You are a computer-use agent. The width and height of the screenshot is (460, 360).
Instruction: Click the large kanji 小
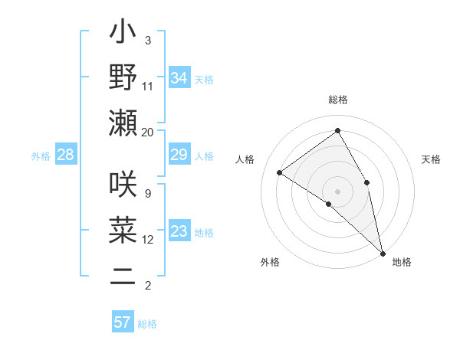(123, 34)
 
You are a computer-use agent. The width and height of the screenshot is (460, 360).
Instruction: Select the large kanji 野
(123, 78)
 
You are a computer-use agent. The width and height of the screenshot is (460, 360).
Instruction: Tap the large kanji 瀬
(123, 123)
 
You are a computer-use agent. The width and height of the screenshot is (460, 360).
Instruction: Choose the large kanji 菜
(123, 231)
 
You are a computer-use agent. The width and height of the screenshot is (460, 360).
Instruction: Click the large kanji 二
(123, 277)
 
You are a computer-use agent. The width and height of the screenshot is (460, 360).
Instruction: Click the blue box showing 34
(179, 78)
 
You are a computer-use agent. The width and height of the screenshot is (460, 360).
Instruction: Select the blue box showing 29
(179, 155)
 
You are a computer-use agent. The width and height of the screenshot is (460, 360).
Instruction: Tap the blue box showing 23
(179, 232)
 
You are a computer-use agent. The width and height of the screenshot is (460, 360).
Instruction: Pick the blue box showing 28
(66, 155)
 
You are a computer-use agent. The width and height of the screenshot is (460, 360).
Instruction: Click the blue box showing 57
(123, 322)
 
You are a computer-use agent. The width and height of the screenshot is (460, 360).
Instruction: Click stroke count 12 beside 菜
(148, 240)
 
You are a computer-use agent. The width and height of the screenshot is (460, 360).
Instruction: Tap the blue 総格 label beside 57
(147, 324)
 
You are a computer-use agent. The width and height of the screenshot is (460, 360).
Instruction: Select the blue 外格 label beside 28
(41, 156)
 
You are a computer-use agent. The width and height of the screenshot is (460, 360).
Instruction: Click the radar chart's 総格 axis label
(337, 100)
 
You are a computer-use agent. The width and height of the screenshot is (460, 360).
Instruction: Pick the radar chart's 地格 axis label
(402, 263)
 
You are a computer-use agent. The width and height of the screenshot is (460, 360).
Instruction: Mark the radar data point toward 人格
(280, 173)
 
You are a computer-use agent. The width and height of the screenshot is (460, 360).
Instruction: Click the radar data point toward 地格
(383, 252)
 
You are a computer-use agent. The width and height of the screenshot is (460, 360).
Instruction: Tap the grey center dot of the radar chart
(337, 191)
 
